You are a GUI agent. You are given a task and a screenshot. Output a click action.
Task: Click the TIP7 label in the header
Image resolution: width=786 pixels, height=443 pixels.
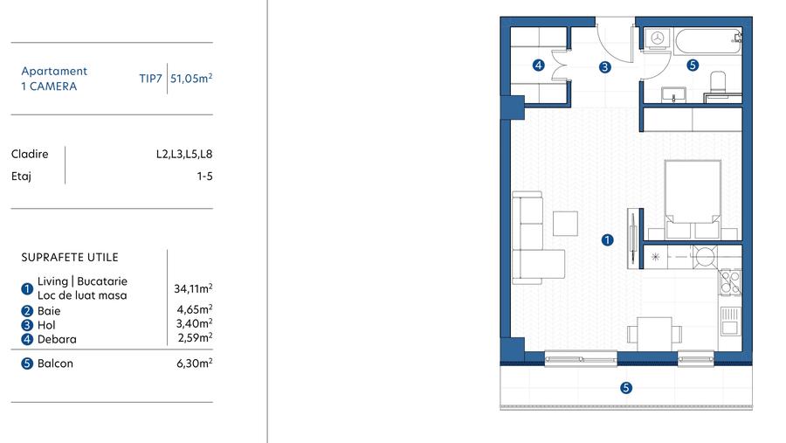coord(150,78)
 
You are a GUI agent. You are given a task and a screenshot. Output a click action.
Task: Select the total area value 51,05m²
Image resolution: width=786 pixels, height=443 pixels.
coord(192,78)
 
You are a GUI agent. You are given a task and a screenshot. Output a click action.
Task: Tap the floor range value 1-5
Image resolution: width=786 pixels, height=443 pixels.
coord(204,176)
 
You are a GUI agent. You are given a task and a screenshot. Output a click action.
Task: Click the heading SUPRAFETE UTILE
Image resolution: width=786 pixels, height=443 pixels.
coord(70,258)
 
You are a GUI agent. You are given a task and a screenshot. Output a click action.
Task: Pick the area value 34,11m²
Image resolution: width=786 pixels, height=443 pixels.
coord(194,288)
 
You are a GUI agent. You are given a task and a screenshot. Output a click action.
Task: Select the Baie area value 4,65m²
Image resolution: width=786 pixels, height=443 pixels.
coord(195,310)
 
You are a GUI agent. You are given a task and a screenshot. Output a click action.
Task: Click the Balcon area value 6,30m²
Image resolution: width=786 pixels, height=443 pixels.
coord(195,363)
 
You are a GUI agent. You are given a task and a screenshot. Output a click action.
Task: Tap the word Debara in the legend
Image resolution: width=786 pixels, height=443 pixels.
coord(57,339)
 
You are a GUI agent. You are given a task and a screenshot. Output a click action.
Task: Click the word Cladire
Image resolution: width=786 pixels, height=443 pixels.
coord(30,155)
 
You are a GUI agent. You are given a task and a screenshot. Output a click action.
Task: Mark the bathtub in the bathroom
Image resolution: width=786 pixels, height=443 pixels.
coord(707,38)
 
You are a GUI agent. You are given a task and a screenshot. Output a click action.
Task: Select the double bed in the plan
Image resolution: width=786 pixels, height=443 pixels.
coord(693,198)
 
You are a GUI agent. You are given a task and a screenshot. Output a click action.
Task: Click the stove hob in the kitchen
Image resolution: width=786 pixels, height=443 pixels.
coord(728,281)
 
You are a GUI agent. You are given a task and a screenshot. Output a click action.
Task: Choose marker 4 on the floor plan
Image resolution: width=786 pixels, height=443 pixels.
coord(539,65)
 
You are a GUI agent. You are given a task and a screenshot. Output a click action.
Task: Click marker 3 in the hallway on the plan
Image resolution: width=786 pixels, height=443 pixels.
coord(604,66)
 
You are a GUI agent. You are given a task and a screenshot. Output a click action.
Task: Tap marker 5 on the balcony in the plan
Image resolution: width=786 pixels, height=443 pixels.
coord(625,388)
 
